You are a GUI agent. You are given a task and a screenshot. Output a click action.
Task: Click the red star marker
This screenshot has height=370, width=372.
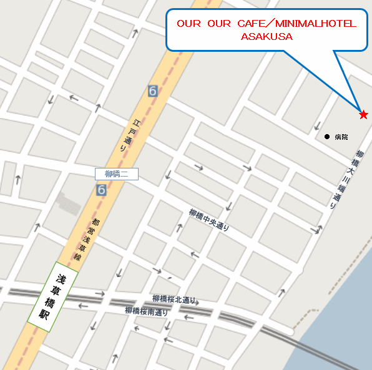click(363, 114)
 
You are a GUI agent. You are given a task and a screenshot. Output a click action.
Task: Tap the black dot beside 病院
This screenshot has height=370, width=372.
click(326, 136)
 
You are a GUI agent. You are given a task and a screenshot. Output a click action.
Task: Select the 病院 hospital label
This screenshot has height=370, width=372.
click(341, 136)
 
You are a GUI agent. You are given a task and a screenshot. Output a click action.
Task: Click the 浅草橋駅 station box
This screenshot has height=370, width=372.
click(52, 296)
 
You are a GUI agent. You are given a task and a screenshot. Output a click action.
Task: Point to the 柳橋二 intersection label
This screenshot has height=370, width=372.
click(117, 173)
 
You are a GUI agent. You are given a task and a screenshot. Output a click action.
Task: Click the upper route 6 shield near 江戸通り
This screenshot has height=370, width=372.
click(153, 91)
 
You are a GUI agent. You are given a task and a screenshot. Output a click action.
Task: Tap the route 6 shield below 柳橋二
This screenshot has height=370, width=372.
click(101, 190)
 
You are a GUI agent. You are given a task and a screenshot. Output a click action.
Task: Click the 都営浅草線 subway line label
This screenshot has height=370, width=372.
click(89, 240)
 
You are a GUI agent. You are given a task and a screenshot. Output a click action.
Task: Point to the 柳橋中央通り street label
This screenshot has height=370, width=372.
click(210, 220)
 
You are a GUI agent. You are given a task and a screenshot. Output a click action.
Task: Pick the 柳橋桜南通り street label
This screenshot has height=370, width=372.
click(146, 310)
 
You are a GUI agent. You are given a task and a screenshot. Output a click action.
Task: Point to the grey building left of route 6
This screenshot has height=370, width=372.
click(68, 203)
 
